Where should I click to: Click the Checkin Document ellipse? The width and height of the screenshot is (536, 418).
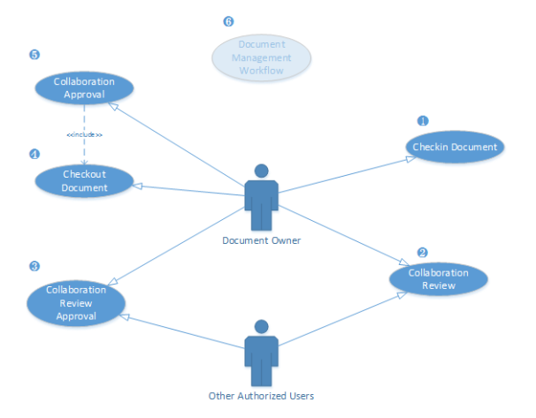456,147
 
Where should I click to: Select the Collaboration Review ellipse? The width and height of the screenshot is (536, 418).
439,278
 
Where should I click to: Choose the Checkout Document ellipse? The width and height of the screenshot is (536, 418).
84,181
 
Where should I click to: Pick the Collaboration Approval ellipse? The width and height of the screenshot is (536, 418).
84,87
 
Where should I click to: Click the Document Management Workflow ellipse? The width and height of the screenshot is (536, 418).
262,57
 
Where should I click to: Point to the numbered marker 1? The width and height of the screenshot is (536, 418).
423,120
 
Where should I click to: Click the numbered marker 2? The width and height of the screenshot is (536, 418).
422,252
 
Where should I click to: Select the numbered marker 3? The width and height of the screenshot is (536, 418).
34,265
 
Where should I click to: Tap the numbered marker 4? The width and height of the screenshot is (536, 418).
34,154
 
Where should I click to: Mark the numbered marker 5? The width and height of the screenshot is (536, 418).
34,55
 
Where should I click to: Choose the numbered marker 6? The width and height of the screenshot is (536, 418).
229,21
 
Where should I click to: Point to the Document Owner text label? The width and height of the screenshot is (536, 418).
261,239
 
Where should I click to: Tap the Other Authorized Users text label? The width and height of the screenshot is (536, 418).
261,395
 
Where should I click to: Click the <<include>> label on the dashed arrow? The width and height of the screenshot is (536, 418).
84,134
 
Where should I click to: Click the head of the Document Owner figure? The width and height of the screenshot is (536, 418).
261,171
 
